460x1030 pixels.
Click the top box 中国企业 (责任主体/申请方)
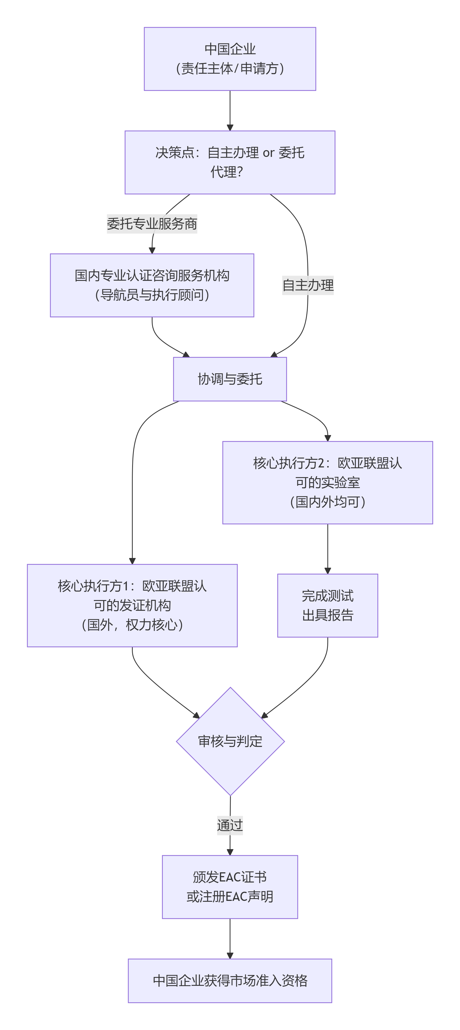click(x=230, y=59)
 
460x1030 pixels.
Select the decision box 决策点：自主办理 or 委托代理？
click(x=230, y=162)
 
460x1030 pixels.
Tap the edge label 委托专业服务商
click(x=152, y=223)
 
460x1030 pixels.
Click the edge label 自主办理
click(x=307, y=285)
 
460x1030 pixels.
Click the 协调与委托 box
click(x=230, y=379)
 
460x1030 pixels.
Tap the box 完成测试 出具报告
click(x=327, y=605)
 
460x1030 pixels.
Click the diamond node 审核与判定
click(x=230, y=741)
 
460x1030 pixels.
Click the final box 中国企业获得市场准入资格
click(x=230, y=980)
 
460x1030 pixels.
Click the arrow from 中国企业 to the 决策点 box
click(x=230, y=110)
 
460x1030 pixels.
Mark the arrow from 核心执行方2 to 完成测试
click(x=327, y=549)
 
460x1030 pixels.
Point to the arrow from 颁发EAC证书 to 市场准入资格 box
click(x=230, y=938)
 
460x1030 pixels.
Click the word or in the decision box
click(x=268, y=153)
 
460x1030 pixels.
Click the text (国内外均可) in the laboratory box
click(x=327, y=502)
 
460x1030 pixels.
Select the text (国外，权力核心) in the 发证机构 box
click(x=132, y=625)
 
